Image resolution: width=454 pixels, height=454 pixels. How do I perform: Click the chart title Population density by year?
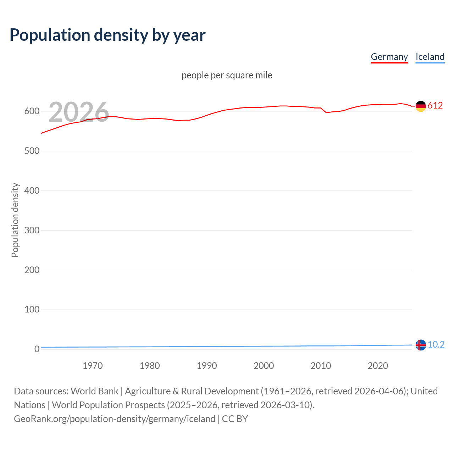[107, 35]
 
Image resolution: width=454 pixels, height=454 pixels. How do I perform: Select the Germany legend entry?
[389, 57]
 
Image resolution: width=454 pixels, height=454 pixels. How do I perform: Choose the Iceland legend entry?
[430, 57]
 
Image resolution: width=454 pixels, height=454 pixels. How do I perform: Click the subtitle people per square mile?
[227, 75]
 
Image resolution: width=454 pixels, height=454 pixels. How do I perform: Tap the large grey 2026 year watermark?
[79, 112]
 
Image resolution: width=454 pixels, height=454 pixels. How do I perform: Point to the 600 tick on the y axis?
[32, 111]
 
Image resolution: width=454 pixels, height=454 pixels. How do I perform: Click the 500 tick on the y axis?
[32, 151]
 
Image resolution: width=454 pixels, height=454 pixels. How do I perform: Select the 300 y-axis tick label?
[32, 231]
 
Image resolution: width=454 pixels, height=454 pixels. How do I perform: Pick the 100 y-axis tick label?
[32, 310]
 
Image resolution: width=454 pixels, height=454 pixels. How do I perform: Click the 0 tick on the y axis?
[37, 349]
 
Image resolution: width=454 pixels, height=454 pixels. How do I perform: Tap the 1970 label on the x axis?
[93, 366]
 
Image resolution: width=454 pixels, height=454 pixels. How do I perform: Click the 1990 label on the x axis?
[207, 366]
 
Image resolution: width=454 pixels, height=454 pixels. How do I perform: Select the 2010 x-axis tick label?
[321, 366]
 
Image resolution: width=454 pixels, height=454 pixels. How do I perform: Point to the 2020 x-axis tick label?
[378, 366]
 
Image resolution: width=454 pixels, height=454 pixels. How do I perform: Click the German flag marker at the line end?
[421, 106]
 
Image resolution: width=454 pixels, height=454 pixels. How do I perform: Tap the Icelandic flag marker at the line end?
[421, 345]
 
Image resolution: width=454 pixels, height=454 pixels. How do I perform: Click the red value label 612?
[435, 105]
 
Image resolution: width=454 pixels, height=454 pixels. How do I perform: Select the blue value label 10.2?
[436, 344]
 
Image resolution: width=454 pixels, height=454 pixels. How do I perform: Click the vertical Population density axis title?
[15, 220]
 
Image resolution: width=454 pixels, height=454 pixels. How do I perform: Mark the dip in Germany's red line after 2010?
[326, 112]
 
